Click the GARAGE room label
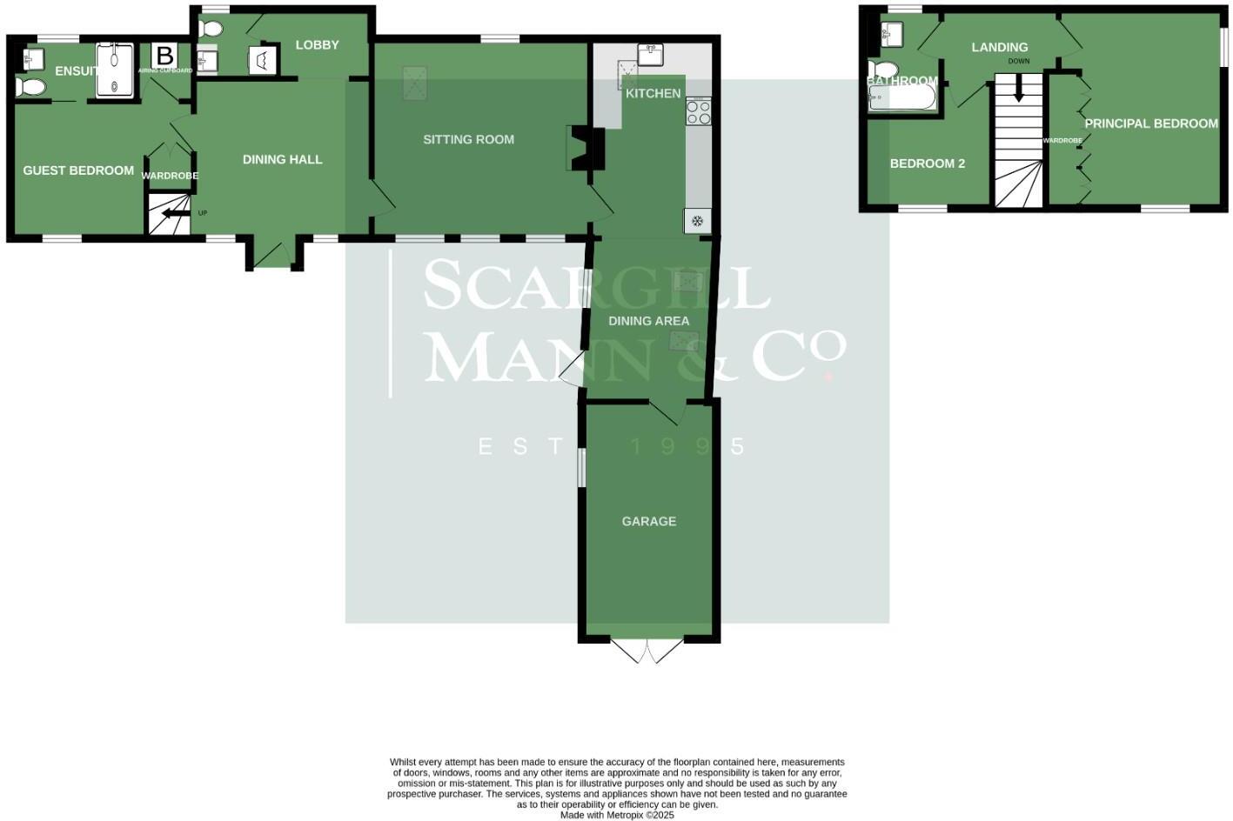648,521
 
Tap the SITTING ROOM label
468,139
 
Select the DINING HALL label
282,159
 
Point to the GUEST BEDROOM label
78,170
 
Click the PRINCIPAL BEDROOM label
1150,123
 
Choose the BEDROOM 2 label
927,164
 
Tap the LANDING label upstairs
999,47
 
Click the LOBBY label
317,44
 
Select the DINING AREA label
648,321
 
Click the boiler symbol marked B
164,56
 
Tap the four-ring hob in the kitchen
698,112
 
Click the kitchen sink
650,55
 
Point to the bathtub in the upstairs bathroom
902,98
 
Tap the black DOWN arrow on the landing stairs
1017,88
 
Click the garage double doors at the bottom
648,651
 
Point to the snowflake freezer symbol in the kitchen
696,221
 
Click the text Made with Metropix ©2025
616,815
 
